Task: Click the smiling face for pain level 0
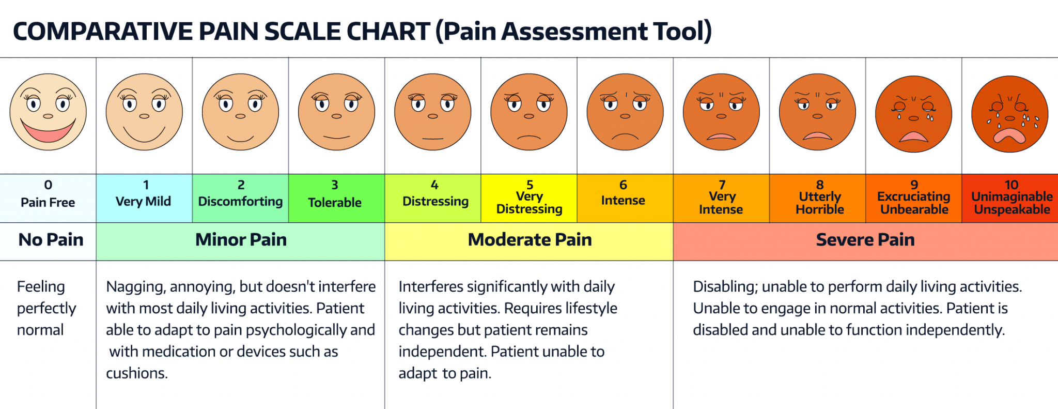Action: point(48,112)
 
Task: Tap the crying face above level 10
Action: point(1009,114)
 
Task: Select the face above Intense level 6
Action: point(625,112)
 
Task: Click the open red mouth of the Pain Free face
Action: point(48,132)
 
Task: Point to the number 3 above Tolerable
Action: point(335,185)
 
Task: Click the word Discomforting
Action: point(240,201)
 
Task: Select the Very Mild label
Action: point(143,201)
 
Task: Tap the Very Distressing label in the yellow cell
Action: point(529,203)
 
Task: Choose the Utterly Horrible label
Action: point(820,203)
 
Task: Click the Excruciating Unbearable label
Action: point(914,203)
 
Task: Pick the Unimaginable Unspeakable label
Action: point(1012,203)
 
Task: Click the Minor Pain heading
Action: point(241,240)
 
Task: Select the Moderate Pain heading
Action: point(530,240)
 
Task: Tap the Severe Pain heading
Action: point(865,240)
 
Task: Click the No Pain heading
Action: point(51,240)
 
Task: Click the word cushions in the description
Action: point(137,373)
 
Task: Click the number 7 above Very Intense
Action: point(722,185)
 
